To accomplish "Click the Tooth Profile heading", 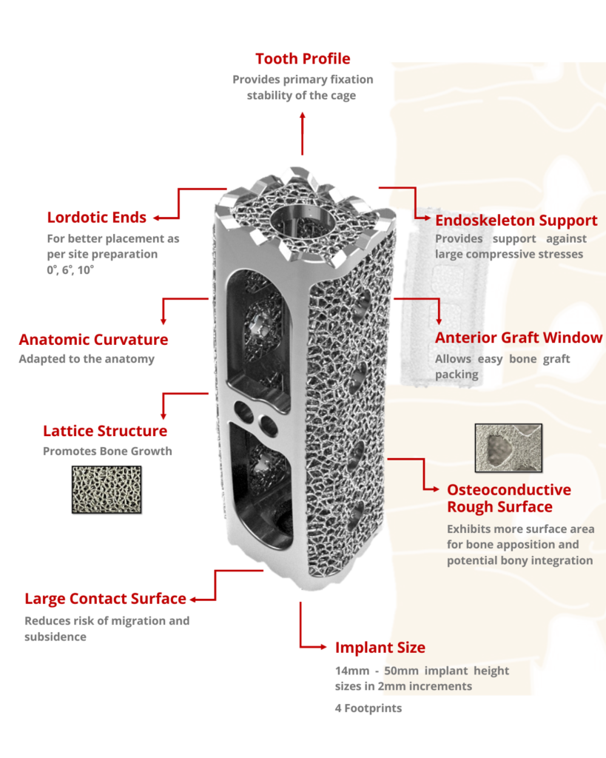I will pyautogui.click(x=303, y=58).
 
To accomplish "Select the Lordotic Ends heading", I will pyautogui.click(x=96, y=218).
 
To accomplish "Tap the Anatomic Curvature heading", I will pyautogui.click(x=93, y=340).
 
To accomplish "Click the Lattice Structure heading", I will pyautogui.click(x=105, y=431).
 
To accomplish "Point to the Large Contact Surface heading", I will pyautogui.click(x=105, y=599).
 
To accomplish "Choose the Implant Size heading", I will pyautogui.click(x=380, y=648).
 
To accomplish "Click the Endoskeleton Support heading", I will pyautogui.click(x=516, y=221).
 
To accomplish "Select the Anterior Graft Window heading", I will pyautogui.click(x=519, y=338).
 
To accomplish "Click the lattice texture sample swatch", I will pyautogui.click(x=106, y=489).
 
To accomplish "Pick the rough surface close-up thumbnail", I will pyautogui.click(x=508, y=448).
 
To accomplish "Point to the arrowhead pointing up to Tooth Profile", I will pyautogui.click(x=302, y=116).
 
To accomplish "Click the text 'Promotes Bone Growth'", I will pyautogui.click(x=107, y=451).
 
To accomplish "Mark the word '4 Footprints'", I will pyautogui.click(x=368, y=708).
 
